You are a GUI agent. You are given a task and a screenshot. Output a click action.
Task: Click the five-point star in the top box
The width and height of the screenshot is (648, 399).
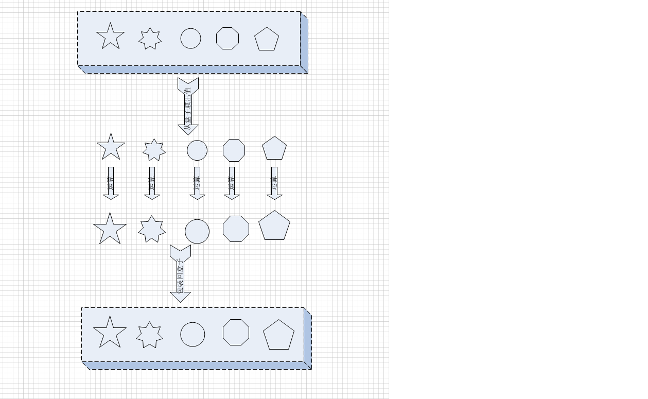click(x=110, y=37)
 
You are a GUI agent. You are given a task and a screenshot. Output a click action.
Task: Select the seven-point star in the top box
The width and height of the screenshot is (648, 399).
click(x=150, y=39)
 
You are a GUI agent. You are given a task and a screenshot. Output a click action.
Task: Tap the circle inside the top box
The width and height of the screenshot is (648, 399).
click(x=190, y=39)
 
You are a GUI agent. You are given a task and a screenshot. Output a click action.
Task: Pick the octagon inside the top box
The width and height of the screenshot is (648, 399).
click(x=227, y=39)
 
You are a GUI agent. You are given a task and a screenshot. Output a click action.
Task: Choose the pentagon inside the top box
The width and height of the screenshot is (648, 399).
click(x=267, y=40)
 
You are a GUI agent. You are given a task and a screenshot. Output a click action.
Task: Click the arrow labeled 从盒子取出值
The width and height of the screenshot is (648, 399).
click(x=188, y=106)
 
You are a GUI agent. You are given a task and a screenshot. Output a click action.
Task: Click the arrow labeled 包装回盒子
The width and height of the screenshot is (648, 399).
click(x=180, y=273)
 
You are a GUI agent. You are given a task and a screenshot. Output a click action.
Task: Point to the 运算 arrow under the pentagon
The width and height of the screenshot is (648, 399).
click(x=274, y=183)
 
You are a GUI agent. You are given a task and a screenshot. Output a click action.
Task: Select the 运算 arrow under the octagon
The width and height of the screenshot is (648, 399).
click(x=232, y=183)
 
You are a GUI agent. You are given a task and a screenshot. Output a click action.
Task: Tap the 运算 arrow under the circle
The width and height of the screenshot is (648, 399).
click(x=197, y=183)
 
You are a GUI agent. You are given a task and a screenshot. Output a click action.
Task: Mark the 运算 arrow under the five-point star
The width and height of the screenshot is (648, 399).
click(x=111, y=183)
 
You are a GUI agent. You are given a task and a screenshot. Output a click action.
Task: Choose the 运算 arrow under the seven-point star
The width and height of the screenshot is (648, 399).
click(x=152, y=183)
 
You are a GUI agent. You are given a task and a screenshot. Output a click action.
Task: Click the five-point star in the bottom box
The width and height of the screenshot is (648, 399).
click(x=110, y=333)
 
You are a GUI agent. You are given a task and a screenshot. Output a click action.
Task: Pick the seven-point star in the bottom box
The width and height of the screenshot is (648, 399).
click(x=149, y=335)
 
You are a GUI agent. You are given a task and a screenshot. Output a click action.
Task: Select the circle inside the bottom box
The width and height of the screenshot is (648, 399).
click(x=192, y=335)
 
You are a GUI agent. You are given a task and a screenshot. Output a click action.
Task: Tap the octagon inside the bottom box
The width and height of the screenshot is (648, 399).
click(x=236, y=332)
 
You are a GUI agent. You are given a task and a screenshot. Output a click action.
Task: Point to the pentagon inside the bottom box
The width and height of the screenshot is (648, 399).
click(x=278, y=336)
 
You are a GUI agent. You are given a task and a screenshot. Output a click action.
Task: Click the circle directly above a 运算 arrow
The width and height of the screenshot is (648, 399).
click(x=197, y=150)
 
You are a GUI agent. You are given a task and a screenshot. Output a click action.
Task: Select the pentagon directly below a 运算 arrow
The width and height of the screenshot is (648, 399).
click(x=274, y=226)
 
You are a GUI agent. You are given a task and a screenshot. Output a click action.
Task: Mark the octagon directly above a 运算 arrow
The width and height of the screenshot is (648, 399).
click(x=234, y=150)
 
